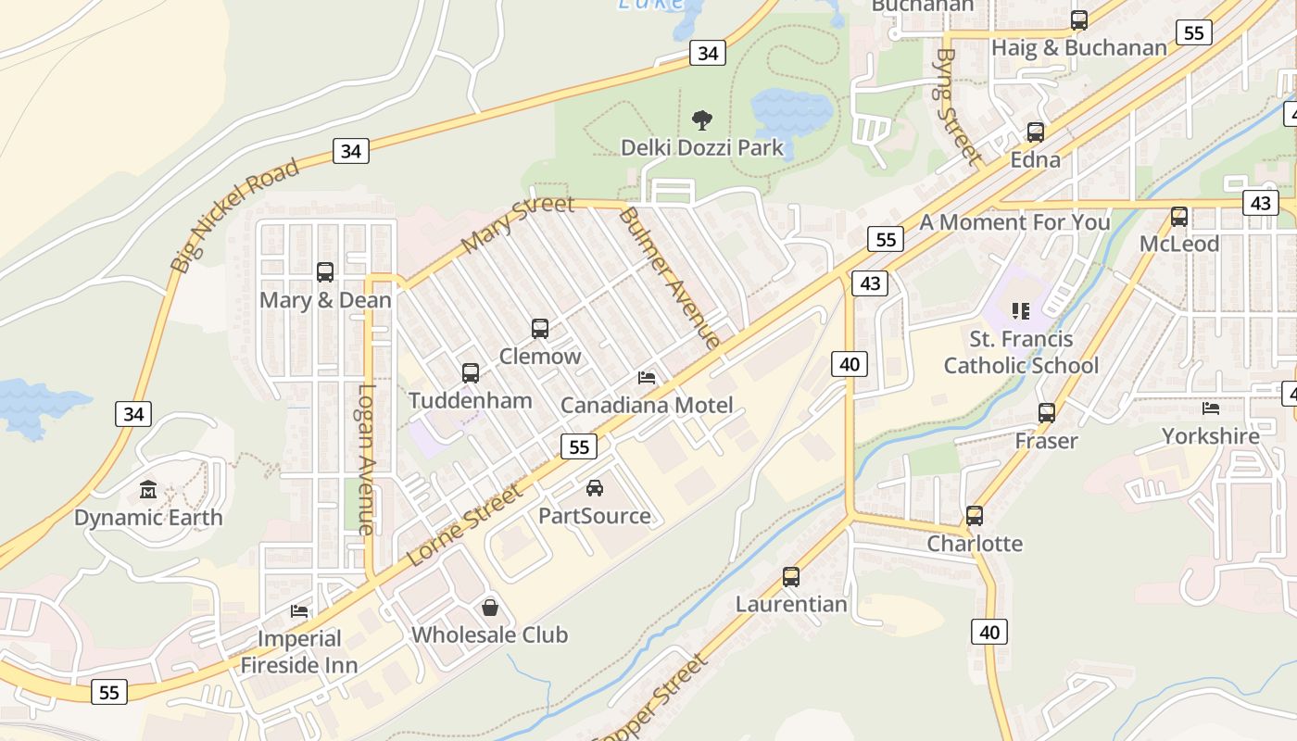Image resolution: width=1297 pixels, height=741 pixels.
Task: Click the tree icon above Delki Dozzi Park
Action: (702, 119)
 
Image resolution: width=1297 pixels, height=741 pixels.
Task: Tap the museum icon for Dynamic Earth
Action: (148, 488)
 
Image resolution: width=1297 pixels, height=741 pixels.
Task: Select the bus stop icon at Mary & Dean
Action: (325, 271)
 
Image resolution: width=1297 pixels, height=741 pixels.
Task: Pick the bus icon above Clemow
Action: (540, 328)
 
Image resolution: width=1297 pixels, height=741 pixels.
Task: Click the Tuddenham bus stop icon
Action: (471, 372)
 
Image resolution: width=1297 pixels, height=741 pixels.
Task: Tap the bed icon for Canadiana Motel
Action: (647, 378)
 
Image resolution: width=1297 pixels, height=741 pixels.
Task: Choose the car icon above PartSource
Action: (595, 487)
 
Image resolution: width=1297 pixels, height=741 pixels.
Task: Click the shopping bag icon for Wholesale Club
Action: (490, 608)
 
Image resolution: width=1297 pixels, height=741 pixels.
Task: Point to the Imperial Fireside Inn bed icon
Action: (299, 610)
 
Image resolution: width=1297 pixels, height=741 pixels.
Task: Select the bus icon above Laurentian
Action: (791, 576)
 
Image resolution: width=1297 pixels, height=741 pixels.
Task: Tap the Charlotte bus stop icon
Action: (975, 515)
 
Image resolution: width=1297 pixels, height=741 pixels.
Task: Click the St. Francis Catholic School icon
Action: (1021, 311)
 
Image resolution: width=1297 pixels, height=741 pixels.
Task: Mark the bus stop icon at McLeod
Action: (1179, 216)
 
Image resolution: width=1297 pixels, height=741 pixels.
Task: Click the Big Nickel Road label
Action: (235, 214)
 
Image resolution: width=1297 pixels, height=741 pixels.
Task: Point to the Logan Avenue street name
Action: (367, 459)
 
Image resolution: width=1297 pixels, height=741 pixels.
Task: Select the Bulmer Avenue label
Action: (669, 277)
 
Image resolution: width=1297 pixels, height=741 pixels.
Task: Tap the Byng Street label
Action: (958, 107)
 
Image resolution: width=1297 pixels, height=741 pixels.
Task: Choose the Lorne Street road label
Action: (465, 525)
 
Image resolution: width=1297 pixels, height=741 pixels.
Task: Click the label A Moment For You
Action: (1014, 222)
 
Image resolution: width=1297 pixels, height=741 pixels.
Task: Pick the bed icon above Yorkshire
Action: (1211, 408)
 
